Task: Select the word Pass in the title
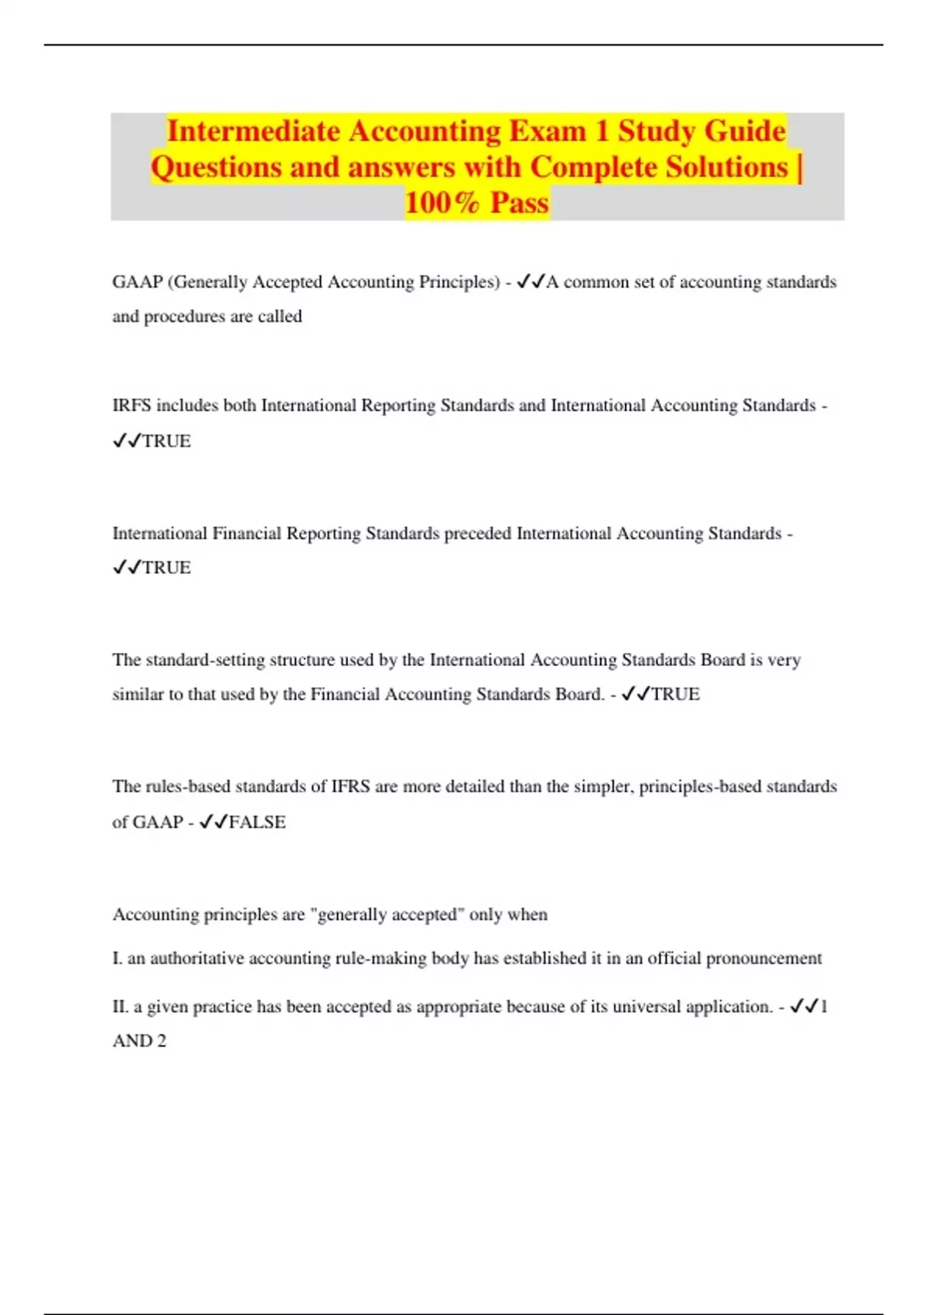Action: coord(520,203)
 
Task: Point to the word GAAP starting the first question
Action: coord(137,282)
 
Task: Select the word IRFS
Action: coord(131,405)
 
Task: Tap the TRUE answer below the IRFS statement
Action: coord(166,441)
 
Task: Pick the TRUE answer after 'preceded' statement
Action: coord(166,568)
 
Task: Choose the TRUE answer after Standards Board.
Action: coord(675,694)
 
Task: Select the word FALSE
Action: coord(258,821)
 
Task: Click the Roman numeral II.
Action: coord(120,1006)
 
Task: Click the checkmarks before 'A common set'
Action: coord(531,282)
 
